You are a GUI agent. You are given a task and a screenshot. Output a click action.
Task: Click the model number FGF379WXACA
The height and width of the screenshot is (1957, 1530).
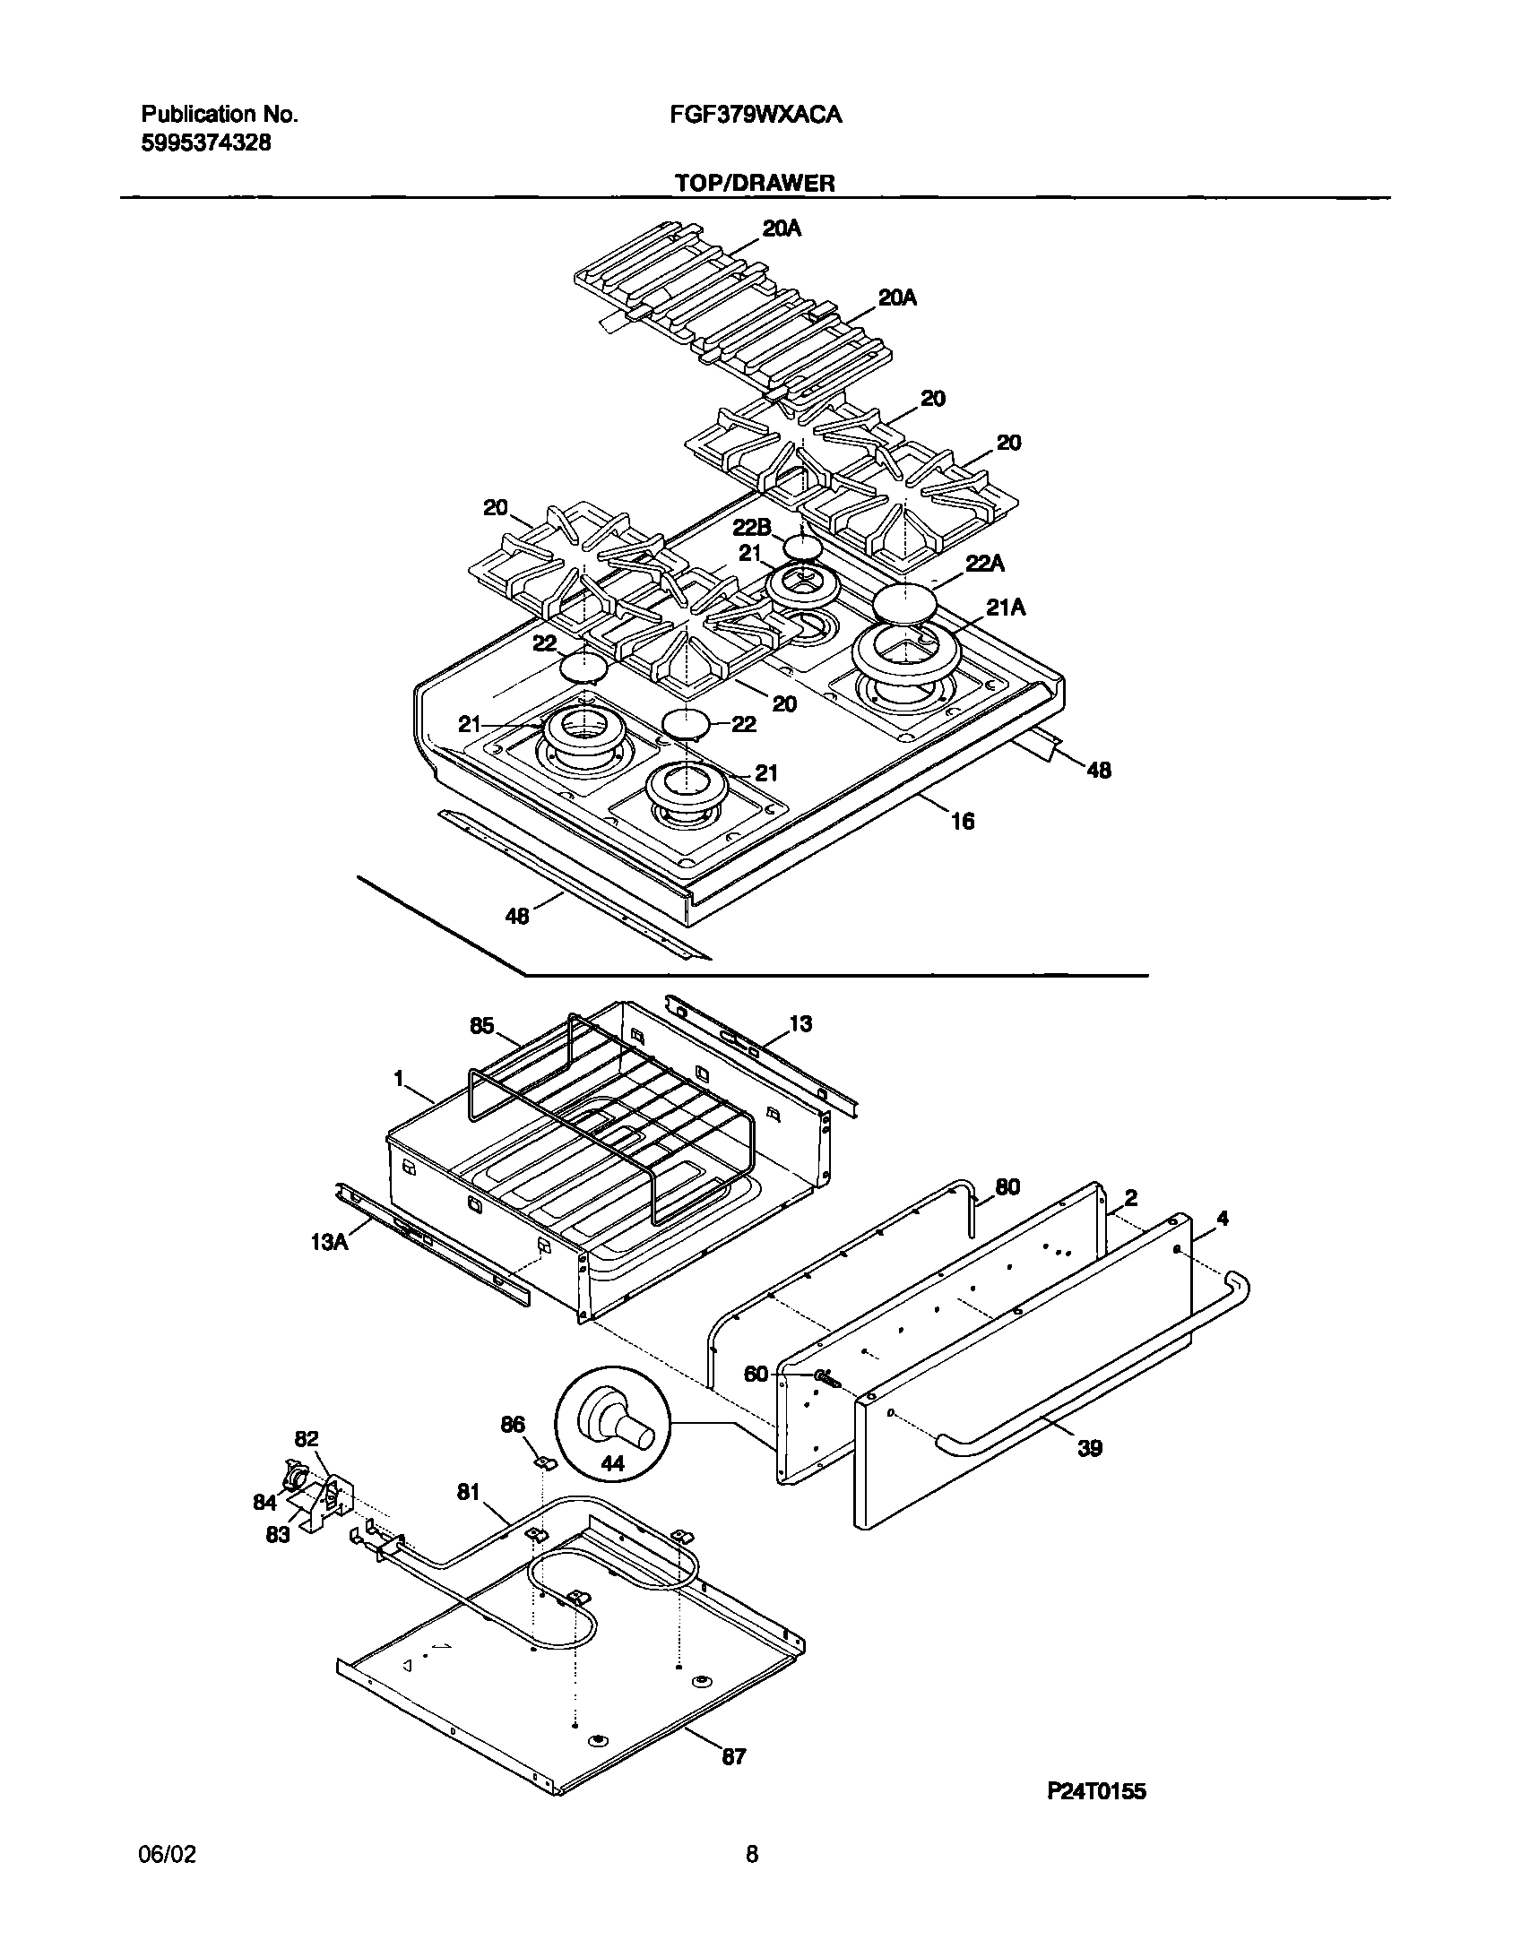click(x=755, y=115)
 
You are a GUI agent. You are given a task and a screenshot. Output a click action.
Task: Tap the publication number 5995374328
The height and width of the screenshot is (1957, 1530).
click(x=205, y=142)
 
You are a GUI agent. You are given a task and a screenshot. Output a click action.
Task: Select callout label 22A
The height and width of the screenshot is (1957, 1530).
click(x=985, y=564)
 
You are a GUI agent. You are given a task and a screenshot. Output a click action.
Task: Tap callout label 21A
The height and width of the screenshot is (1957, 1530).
click(x=1006, y=608)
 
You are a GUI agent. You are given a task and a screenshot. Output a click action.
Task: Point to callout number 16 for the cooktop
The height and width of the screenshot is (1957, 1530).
click(x=962, y=821)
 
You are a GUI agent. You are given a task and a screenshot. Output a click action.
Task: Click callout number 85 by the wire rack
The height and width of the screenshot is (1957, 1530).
click(x=481, y=1026)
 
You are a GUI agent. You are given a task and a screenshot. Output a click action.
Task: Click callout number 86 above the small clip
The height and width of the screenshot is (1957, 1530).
click(x=513, y=1425)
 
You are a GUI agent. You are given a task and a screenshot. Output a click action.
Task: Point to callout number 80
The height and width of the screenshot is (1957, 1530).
click(x=1007, y=1187)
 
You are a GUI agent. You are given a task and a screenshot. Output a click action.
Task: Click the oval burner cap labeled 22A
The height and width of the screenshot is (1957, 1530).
click(x=904, y=602)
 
